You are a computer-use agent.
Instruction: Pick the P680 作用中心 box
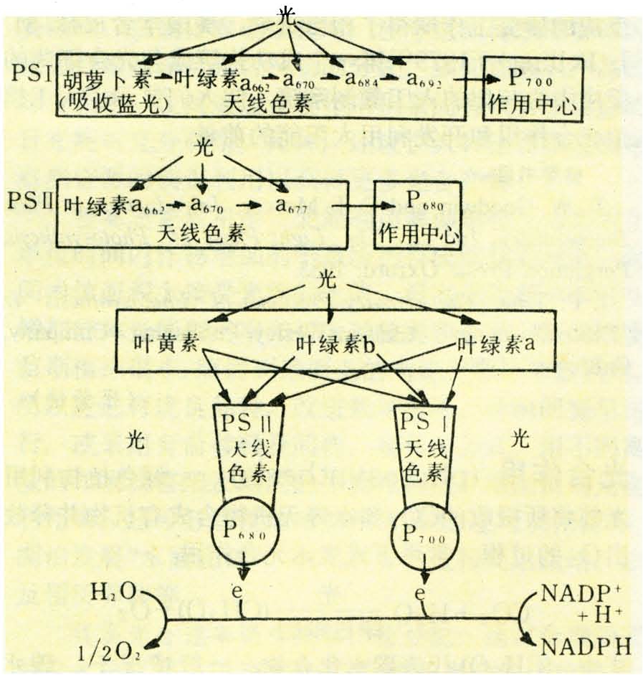tap(418, 214)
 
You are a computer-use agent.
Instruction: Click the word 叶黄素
tap(161, 344)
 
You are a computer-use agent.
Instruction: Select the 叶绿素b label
tap(335, 344)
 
